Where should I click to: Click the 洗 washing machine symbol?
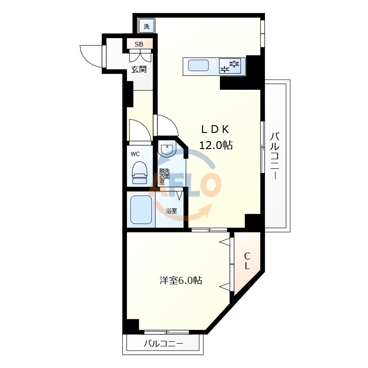[147, 26]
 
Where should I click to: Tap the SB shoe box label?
[139, 44]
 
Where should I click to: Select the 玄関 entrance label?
[139, 69]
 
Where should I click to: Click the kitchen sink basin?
[199, 65]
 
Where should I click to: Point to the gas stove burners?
[230, 66]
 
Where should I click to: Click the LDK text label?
[215, 129]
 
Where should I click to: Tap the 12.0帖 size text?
[215, 145]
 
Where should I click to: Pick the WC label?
[135, 154]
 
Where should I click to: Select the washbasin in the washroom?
[167, 149]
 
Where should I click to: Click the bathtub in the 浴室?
[141, 210]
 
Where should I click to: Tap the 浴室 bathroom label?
[172, 211]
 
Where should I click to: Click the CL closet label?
[247, 261]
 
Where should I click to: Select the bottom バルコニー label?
[163, 344]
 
